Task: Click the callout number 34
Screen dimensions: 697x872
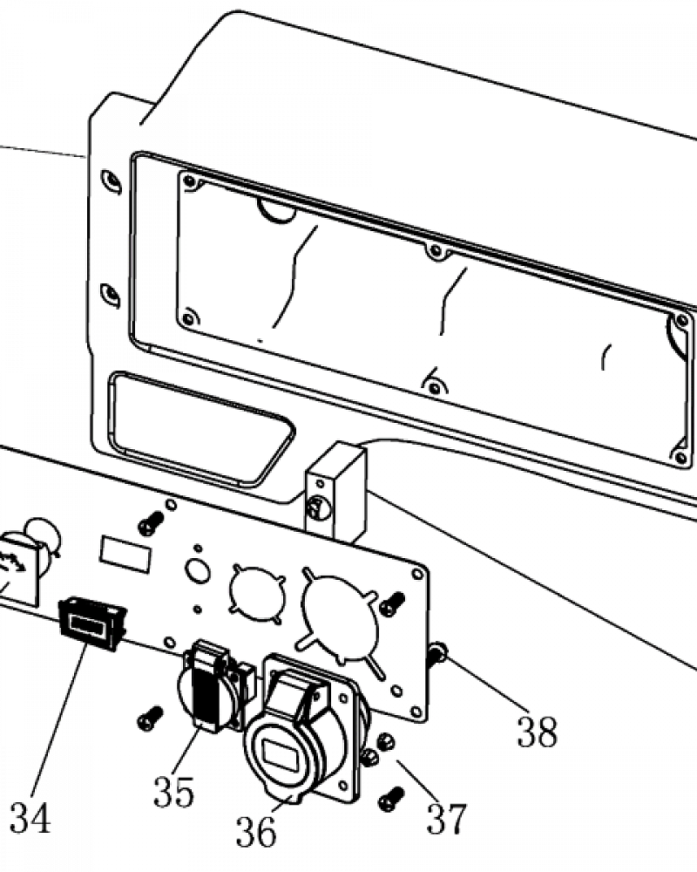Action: (x=30, y=818)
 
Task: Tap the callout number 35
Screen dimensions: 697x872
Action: (x=174, y=792)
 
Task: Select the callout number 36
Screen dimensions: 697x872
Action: (x=256, y=831)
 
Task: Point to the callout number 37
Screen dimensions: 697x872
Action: (x=446, y=818)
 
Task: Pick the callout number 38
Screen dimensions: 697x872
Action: (x=537, y=732)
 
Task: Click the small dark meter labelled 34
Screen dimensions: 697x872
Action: (x=91, y=623)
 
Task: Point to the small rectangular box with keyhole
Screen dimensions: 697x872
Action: (x=335, y=492)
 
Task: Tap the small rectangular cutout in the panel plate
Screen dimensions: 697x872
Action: (x=125, y=554)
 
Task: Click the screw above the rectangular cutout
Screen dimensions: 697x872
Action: (x=151, y=522)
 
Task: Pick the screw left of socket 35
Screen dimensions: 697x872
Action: (x=150, y=718)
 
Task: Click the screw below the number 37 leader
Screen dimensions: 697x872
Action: (x=391, y=799)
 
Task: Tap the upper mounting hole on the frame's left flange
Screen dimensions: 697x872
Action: (x=111, y=181)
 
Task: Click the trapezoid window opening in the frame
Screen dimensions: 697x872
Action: (x=201, y=427)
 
